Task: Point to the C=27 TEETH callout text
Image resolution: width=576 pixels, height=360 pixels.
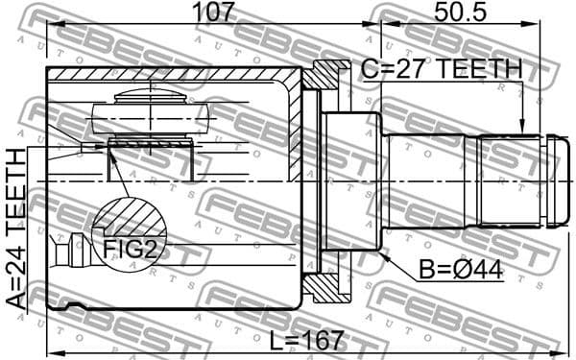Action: (x=441, y=69)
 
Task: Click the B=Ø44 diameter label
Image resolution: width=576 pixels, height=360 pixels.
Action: (x=462, y=271)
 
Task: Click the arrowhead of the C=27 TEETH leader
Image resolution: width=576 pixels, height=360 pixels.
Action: (x=521, y=130)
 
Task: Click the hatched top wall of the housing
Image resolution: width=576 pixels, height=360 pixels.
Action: (x=173, y=75)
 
